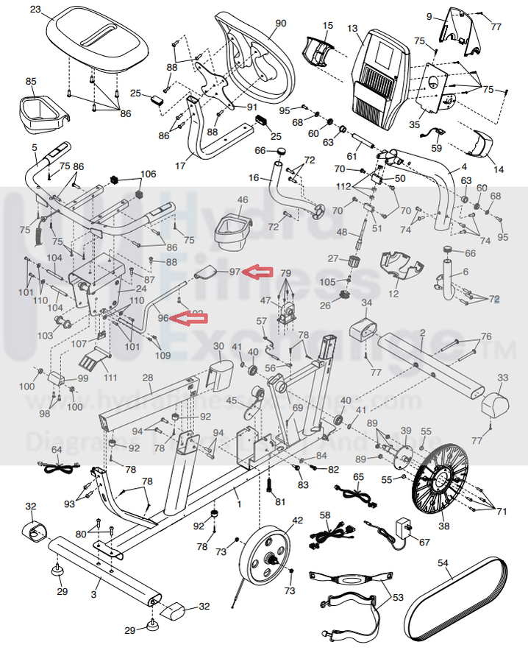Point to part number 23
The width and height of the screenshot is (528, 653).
(x=35, y=10)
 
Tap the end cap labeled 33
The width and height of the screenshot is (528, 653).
(x=493, y=402)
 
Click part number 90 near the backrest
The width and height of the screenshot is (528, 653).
(x=280, y=24)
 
